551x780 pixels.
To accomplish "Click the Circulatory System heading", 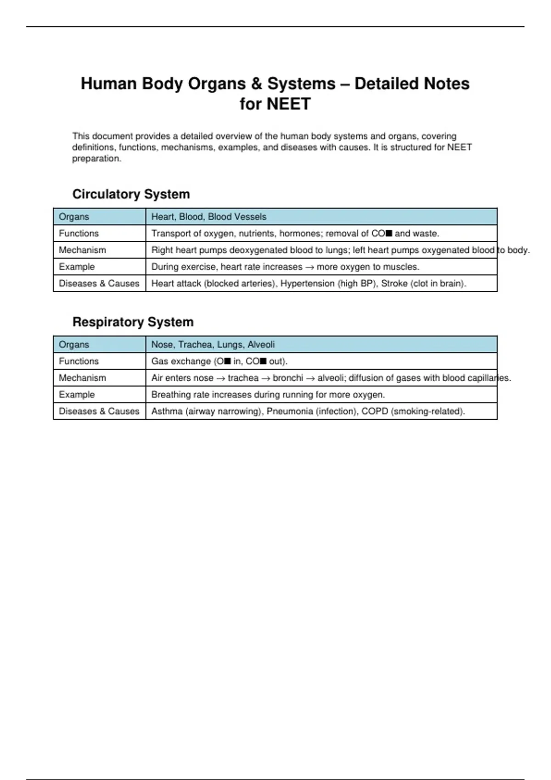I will [x=131, y=194].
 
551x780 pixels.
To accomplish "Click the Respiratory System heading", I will [x=133, y=322].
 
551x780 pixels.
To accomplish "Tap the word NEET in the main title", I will [x=275, y=104].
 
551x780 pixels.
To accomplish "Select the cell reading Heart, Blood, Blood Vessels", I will [x=209, y=217].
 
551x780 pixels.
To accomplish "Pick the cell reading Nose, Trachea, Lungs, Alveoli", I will [x=213, y=345].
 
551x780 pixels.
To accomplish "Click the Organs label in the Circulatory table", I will [x=74, y=217].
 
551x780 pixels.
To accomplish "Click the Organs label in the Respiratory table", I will [x=74, y=345].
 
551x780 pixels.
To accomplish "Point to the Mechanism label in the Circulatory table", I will [x=82, y=250].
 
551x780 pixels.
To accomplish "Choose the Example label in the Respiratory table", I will [x=77, y=395].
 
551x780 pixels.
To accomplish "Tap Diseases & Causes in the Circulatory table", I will [x=99, y=284].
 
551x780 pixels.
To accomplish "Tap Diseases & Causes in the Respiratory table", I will [x=99, y=411].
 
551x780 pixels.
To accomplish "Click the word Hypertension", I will [x=307, y=284].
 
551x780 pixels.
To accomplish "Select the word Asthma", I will [x=167, y=411].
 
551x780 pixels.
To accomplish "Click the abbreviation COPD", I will [x=374, y=411].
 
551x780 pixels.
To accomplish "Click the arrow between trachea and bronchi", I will [x=265, y=378].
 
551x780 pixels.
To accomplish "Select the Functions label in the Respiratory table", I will [x=79, y=361].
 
